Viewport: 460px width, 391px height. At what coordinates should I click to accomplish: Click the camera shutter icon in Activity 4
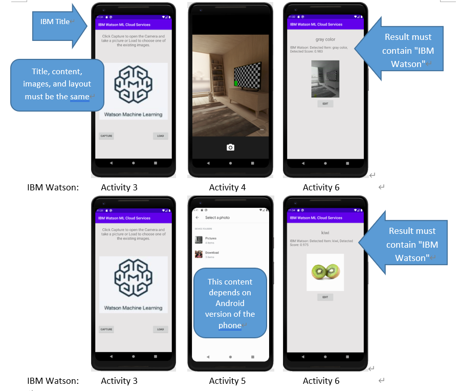coord(230,147)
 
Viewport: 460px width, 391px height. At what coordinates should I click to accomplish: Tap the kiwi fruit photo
coord(325,272)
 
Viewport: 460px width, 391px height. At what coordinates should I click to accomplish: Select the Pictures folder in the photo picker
coord(211,238)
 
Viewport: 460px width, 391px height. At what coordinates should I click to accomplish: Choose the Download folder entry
coord(212,253)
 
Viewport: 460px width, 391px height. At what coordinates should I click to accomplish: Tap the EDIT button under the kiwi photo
coord(325,297)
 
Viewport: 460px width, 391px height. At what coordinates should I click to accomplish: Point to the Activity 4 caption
coord(227,187)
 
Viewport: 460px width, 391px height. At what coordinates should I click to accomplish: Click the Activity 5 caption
coord(227,381)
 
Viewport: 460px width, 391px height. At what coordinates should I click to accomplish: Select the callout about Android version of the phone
coord(230,303)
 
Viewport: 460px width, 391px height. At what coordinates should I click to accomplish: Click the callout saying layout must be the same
coord(57,84)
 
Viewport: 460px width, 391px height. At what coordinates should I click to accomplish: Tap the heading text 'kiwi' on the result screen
coord(325,232)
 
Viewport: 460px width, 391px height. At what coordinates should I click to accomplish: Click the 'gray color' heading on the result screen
coord(325,39)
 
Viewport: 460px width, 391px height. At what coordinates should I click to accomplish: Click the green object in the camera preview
coord(236,83)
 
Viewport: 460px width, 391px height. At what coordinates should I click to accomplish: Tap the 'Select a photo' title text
coord(217,218)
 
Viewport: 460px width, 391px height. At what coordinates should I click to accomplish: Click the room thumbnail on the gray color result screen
coord(325,79)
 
